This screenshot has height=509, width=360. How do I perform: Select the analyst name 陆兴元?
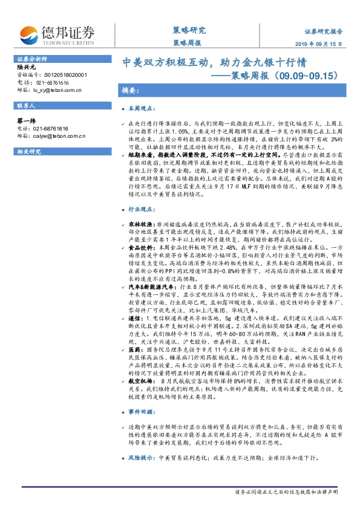26,68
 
